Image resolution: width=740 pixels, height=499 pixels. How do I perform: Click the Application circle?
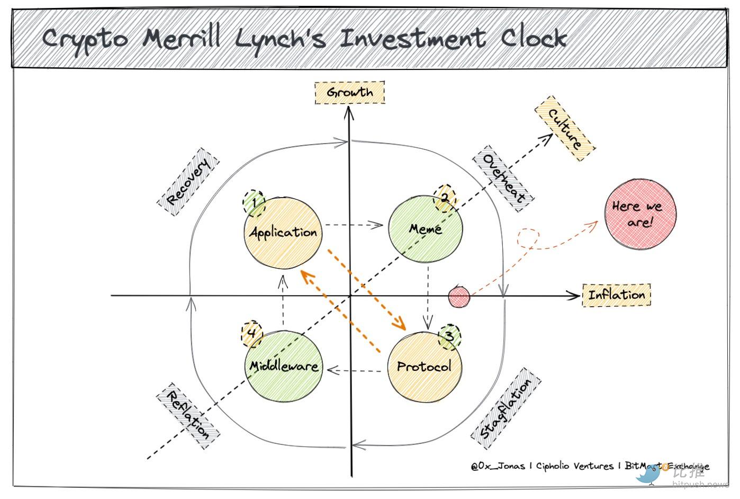click(283, 233)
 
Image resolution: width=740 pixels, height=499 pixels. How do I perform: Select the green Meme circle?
click(426, 229)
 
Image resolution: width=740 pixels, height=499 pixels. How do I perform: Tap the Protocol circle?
click(424, 366)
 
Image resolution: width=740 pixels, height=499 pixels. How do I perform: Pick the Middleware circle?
click(284, 366)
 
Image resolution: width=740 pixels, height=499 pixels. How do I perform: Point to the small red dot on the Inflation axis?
click(459, 297)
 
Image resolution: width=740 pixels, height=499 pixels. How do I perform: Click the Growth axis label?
click(349, 93)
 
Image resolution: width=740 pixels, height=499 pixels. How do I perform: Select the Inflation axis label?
click(617, 295)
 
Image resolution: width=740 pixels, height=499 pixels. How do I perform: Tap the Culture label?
click(565, 129)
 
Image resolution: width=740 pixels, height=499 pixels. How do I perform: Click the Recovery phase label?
click(188, 182)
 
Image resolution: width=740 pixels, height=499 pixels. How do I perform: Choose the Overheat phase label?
click(503, 179)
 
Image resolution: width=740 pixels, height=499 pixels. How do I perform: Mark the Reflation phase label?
click(188, 416)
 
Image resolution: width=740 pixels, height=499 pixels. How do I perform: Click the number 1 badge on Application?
click(255, 203)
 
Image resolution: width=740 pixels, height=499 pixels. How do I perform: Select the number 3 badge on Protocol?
click(449, 336)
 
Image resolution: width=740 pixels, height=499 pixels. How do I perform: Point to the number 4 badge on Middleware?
click(252, 334)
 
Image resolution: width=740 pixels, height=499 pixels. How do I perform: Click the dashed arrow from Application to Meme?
click(354, 225)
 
